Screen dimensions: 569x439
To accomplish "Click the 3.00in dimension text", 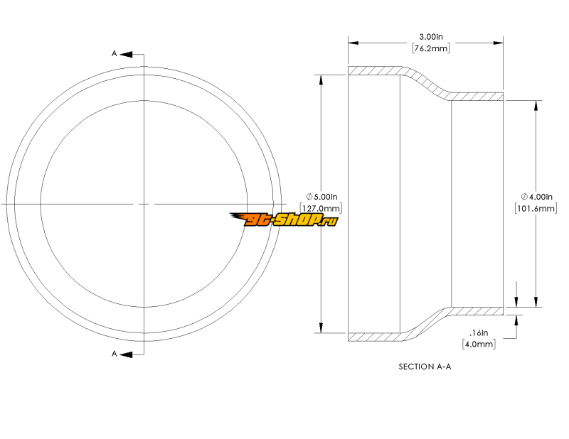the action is coord(431,37).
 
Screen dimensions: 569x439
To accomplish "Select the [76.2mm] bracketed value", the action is coord(431,48).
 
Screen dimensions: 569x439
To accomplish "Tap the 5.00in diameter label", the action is coord(326,197).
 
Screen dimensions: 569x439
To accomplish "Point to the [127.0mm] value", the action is coord(321,208).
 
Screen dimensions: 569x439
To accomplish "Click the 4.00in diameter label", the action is coord(541,197).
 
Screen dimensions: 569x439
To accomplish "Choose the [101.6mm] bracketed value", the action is coord(536,208).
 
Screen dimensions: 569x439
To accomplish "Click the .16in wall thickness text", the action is coord(479,332).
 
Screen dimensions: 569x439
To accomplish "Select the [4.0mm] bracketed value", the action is coord(479,344).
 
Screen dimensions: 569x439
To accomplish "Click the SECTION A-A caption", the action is coord(425,367).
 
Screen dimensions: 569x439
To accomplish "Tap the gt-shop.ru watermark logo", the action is coord(284,220).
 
